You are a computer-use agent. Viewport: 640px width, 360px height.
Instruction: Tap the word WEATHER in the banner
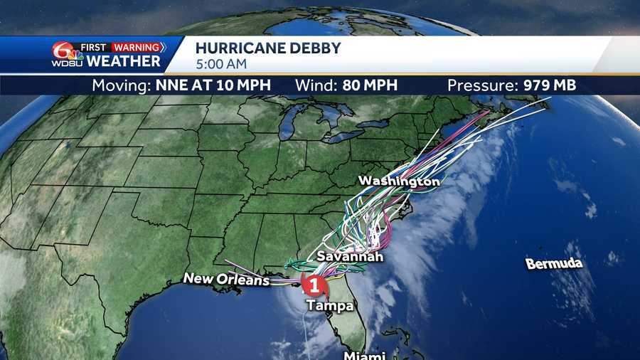119,62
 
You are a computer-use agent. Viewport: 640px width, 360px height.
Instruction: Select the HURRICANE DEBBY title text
268,48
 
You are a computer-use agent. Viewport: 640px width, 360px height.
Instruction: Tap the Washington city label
398,181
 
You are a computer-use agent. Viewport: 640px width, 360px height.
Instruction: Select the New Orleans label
227,279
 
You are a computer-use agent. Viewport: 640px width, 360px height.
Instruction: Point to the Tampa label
329,306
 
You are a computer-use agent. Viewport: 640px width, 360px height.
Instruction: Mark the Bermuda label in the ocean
554,264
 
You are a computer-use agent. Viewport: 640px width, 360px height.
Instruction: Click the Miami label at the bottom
365,355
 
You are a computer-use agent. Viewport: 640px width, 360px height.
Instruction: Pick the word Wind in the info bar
314,85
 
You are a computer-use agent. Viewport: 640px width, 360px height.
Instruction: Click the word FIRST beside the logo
93,48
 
